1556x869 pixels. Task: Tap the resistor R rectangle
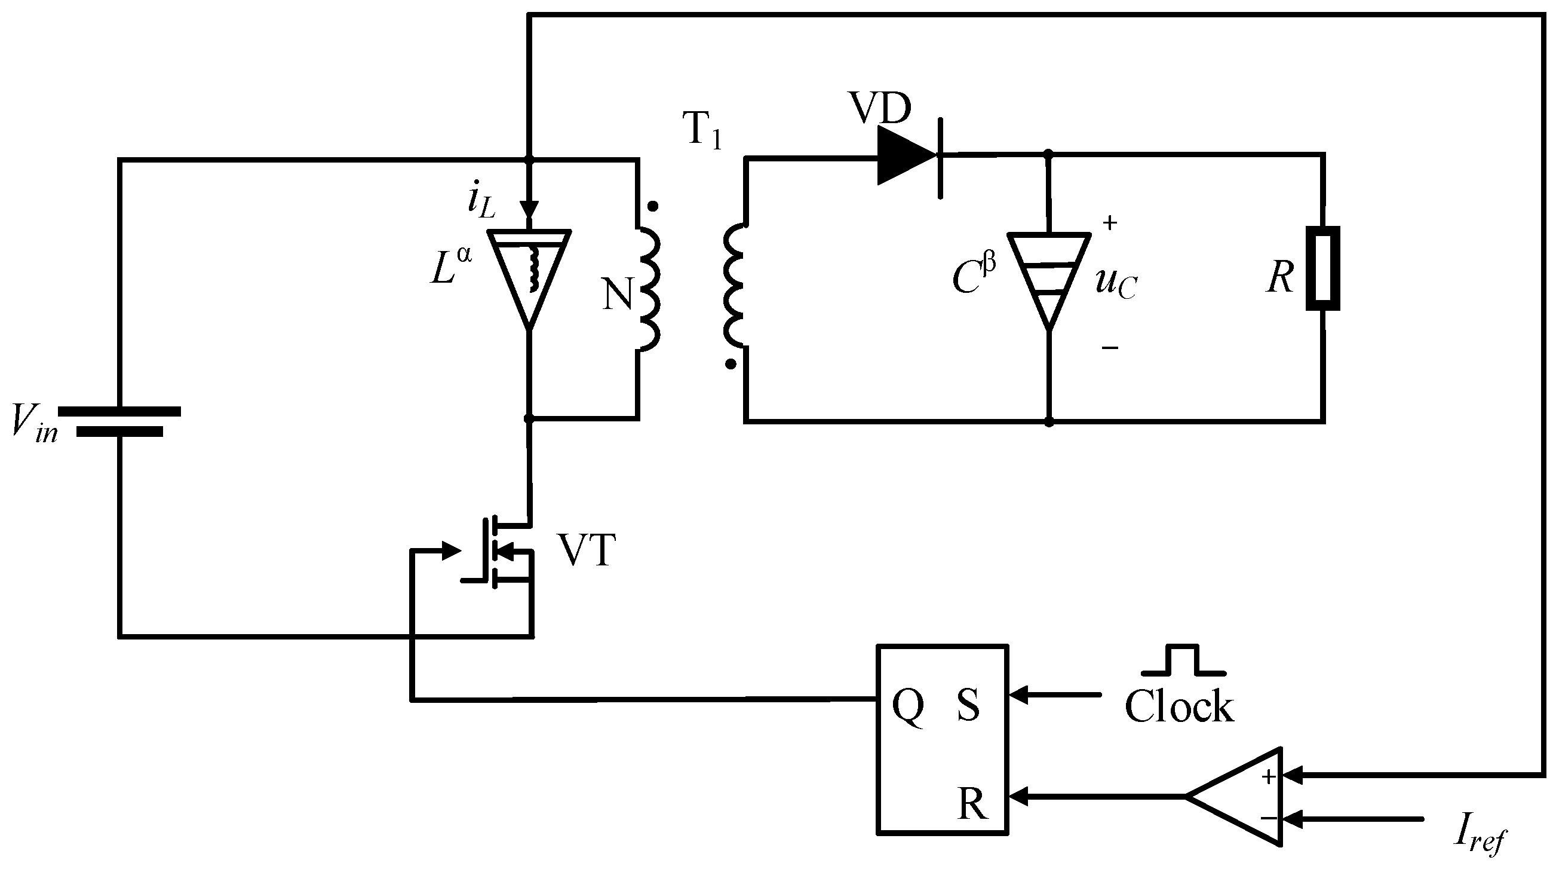1322,268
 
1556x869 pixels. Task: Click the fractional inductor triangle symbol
529,275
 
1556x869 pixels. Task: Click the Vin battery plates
120,421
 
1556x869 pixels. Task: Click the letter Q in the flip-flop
907,706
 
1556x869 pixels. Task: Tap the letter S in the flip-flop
968,705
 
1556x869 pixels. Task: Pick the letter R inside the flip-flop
972,804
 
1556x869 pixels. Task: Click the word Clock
1179,707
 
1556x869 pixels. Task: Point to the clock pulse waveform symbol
1183,661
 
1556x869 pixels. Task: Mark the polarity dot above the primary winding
652,207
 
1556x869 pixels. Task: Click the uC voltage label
1115,283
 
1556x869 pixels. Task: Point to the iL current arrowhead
529,209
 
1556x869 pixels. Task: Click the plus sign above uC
1110,223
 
